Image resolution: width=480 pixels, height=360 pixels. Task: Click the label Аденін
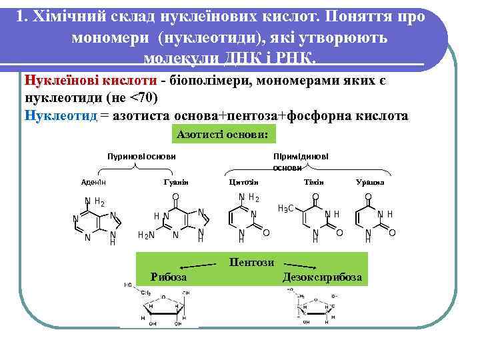[x=93, y=181]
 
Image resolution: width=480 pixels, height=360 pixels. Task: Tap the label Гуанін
[x=176, y=181]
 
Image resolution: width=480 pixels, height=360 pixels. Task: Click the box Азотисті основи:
[x=223, y=134]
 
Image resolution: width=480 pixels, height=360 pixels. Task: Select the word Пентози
[x=251, y=263]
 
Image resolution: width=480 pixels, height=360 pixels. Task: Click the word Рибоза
[x=169, y=277]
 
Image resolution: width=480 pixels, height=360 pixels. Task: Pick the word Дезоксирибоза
[x=323, y=277]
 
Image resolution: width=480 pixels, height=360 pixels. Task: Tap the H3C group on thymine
[x=286, y=209]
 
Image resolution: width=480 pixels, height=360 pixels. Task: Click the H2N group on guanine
[x=145, y=234]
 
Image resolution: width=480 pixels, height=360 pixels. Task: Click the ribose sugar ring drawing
[x=160, y=307]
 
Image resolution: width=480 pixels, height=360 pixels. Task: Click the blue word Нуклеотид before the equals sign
[x=60, y=115]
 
